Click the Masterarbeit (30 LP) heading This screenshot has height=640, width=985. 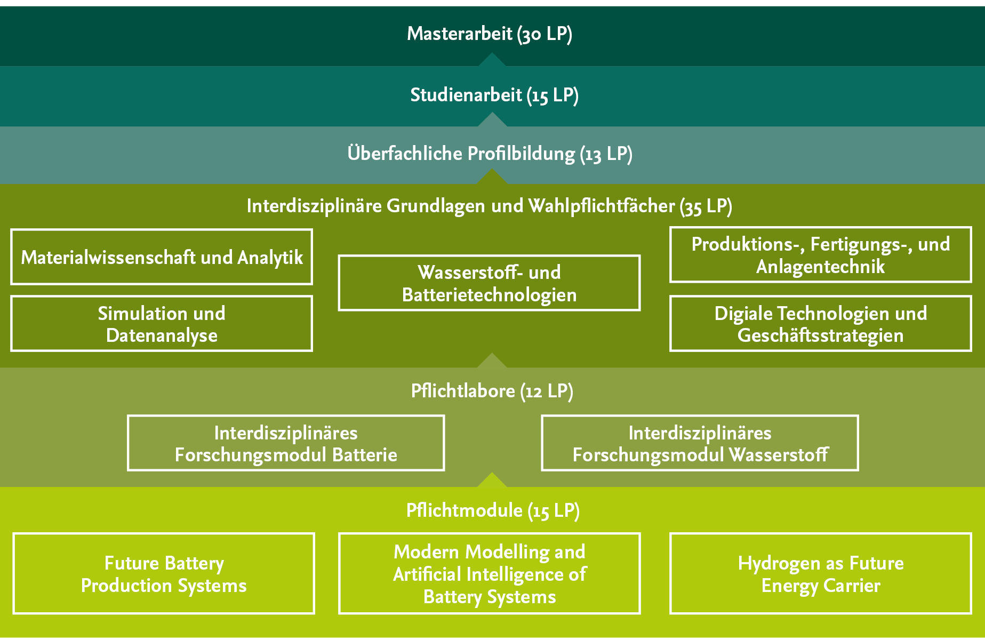point(490,34)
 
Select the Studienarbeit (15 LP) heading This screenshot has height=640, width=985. point(494,95)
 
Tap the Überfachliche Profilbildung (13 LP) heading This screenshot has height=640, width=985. point(490,154)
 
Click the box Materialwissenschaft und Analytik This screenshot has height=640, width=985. point(162,257)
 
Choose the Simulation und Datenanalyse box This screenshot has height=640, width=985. point(162,324)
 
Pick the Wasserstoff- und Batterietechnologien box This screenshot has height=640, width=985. point(489,283)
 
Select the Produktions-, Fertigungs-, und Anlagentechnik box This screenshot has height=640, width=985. point(820,255)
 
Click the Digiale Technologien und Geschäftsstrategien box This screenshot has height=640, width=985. point(820,324)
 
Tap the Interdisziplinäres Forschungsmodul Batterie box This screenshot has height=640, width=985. point(286,443)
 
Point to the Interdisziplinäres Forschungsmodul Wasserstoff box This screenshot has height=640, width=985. point(700,443)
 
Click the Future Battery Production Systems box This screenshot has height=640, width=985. point(164,574)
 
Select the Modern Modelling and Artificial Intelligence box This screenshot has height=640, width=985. point(489,574)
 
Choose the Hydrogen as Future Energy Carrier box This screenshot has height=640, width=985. point(820,574)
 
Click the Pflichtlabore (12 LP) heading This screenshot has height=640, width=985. point(492,391)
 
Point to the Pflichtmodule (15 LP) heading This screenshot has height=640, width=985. point(493,511)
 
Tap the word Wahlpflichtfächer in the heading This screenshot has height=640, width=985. point(602,206)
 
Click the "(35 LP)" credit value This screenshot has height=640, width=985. point(706,207)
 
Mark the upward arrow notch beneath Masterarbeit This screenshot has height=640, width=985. point(492,60)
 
